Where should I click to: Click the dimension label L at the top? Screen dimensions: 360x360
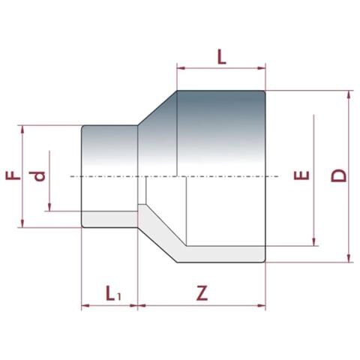click(x=220, y=56)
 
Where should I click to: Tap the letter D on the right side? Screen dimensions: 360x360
click(x=339, y=176)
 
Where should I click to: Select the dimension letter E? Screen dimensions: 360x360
click(x=301, y=178)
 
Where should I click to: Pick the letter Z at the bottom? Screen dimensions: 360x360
click(x=202, y=294)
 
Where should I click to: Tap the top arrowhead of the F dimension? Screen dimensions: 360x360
click(x=24, y=129)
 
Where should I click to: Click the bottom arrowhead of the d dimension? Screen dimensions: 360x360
click(x=49, y=210)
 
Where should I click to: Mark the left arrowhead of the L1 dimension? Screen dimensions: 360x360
click(x=84, y=305)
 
